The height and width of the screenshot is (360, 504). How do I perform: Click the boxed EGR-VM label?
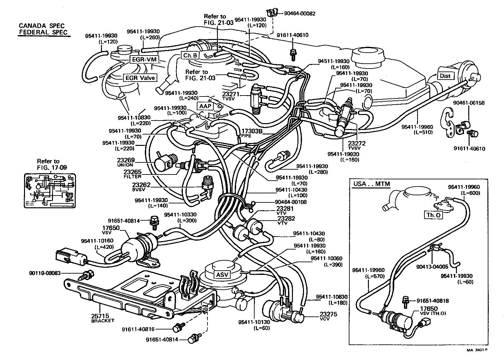[144, 59]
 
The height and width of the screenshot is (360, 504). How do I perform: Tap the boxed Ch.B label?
[190, 55]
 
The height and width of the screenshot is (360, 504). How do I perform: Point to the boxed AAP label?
[205, 106]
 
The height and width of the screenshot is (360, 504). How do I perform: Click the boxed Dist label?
[445, 76]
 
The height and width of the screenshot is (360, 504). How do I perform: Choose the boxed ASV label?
[222, 275]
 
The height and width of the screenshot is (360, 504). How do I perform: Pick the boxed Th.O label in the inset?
[434, 215]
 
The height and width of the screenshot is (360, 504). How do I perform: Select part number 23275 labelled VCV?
[328, 314]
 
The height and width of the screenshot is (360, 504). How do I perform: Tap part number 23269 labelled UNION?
[125, 160]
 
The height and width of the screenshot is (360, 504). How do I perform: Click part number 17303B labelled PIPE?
[252, 132]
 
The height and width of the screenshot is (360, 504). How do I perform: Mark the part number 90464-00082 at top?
[300, 14]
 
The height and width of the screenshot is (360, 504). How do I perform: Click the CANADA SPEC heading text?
[42, 26]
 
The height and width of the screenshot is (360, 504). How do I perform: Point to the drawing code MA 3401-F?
[477, 350]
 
